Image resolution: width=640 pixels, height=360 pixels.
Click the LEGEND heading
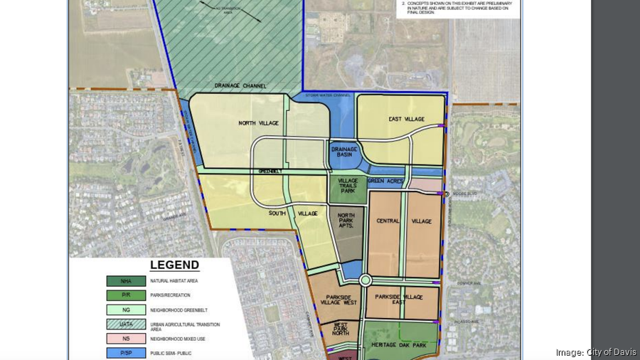point(174,265)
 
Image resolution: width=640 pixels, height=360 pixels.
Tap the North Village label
point(257,123)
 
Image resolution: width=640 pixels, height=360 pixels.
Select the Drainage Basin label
point(344,153)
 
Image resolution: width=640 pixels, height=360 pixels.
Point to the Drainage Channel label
point(240,86)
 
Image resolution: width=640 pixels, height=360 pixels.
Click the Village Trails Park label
point(347,186)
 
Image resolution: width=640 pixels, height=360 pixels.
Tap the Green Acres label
point(385,181)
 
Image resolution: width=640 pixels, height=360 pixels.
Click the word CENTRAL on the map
point(388,221)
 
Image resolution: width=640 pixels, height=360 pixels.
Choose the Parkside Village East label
point(399,299)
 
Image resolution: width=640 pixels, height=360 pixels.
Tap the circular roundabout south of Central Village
point(366,280)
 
